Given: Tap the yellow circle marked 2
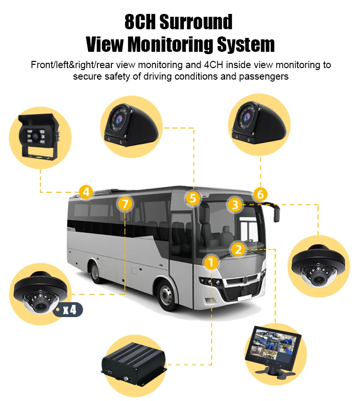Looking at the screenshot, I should click(x=239, y=249).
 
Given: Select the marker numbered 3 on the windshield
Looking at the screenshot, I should click(x=235, y=205).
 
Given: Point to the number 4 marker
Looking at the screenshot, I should click(x=86, y=192).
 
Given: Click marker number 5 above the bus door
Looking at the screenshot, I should click(x=192, y=198).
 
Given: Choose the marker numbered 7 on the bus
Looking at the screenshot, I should click(x=125, y=204).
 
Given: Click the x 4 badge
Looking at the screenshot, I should click(x=69, y=309).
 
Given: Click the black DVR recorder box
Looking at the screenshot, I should click(x=133, y=365).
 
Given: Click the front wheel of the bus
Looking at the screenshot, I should click(x=166, y=295).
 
